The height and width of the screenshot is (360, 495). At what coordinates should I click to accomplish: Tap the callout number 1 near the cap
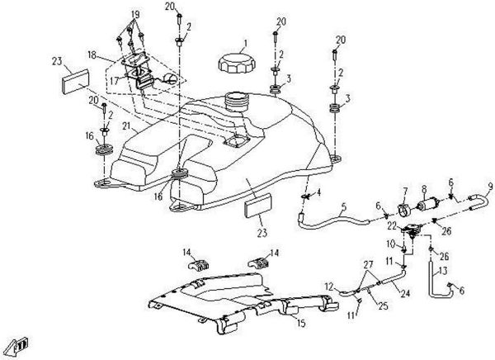(x=244, y=42)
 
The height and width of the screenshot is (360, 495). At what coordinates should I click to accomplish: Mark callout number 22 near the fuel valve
(x=393, y=225)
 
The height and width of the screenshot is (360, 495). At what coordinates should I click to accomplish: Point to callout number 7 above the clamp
(x=405, y=191)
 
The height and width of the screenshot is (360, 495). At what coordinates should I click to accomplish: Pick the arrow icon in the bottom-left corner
(x=20, y=343)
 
